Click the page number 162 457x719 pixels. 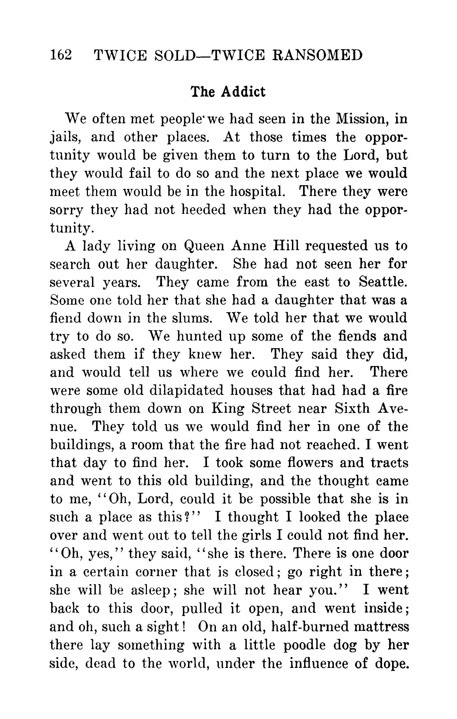coord(61,55)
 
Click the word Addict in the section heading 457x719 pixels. coord(243,92)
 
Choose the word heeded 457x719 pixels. coord(203,209)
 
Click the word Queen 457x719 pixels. coord(204,246)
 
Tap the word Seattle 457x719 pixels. coord(383,282)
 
